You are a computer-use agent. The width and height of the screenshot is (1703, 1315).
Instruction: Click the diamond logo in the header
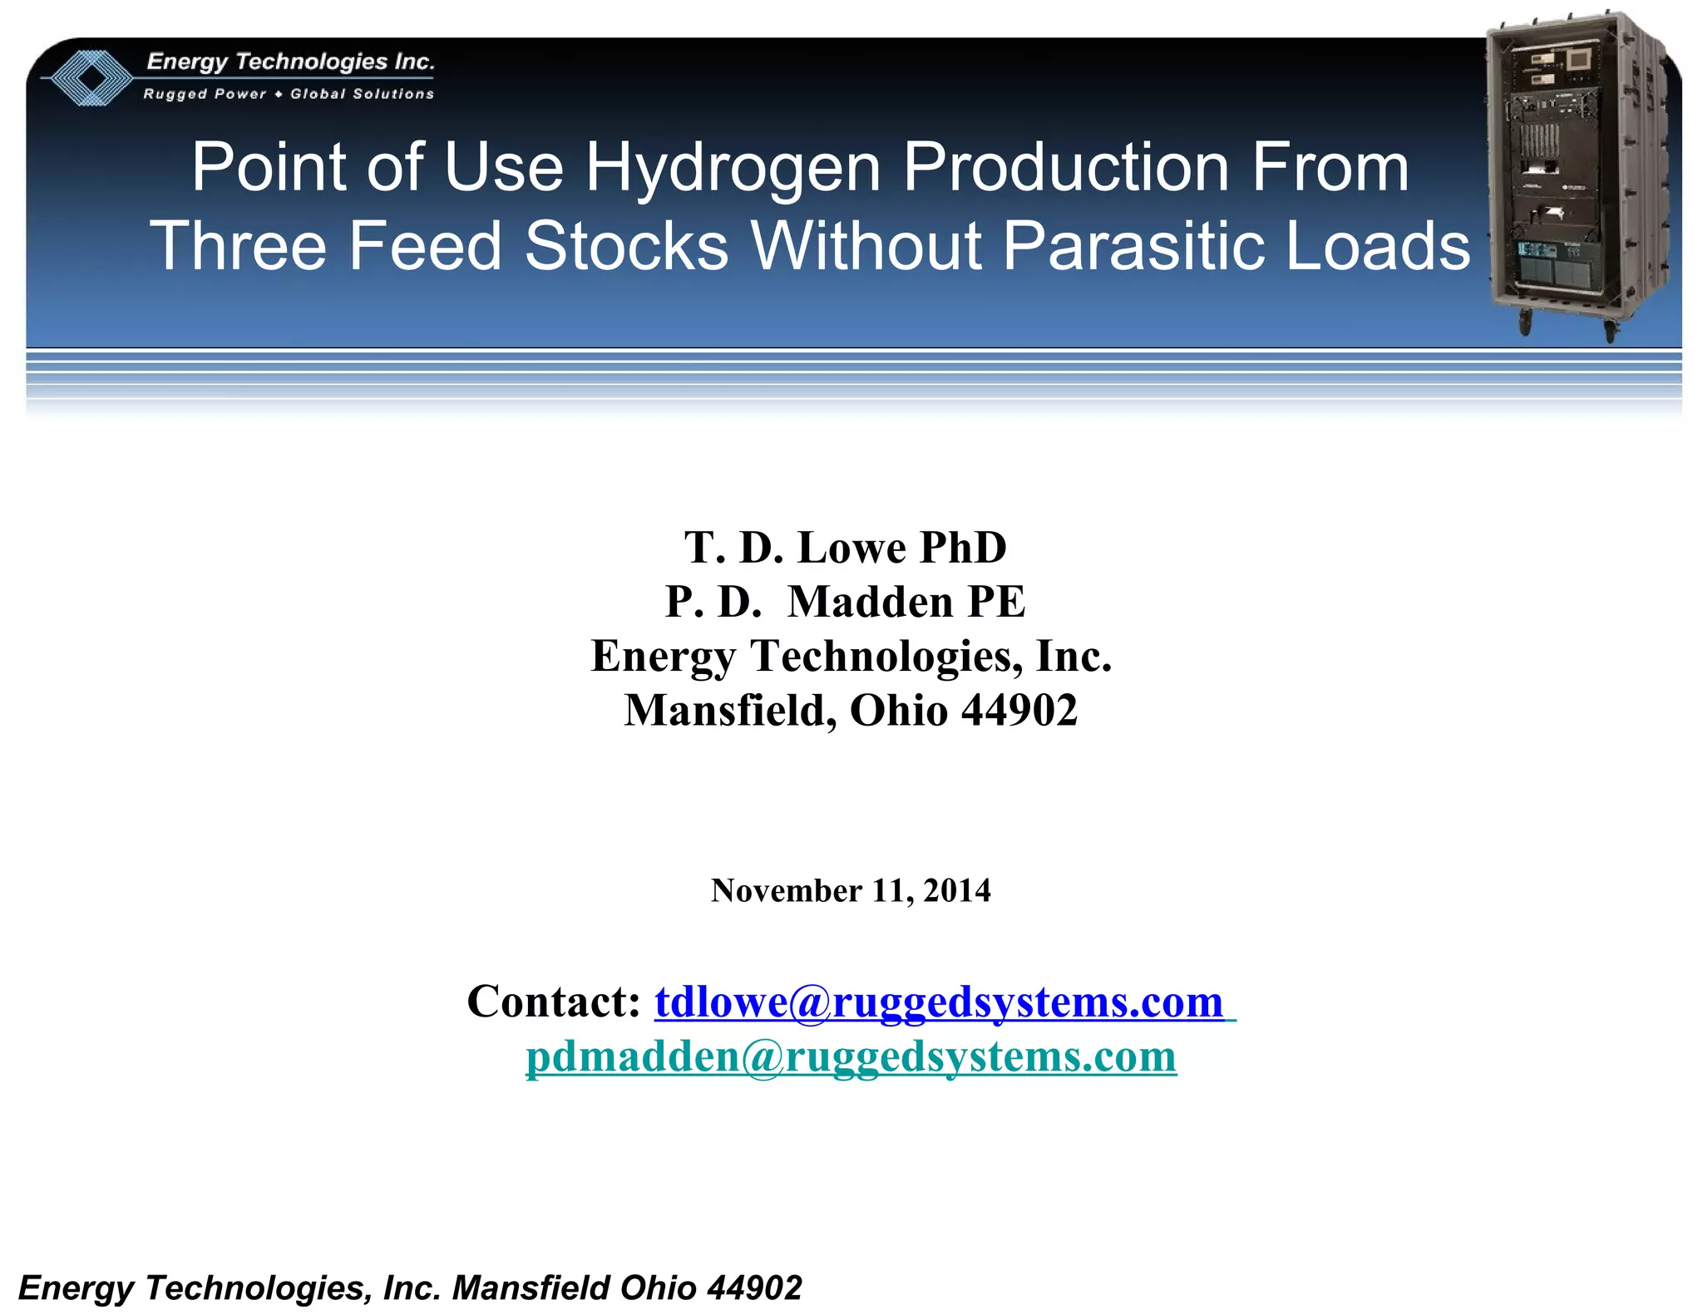pyautogui.click(x=88, y=78)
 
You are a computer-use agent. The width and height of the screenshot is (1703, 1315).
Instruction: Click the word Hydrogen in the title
pyautogui.click(x=733, y=168)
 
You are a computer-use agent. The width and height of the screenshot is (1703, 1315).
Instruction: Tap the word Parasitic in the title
pyautogui.click(x=1132, y=246)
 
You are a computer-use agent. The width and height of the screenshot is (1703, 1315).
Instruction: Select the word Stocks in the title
pyautogui.click(x=626, y=246)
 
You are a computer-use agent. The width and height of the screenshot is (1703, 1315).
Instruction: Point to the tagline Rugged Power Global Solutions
pyautogui.click(x=289, y=94)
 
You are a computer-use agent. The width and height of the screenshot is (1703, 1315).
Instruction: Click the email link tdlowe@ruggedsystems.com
pyautogui.click(x=939, y=1002)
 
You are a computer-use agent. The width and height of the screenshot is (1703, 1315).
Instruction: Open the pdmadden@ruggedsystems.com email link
pyautogui.click(x=851, y=1056)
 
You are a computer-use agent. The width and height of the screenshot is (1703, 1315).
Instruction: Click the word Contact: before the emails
pyautogui.click(x=553, y=1002)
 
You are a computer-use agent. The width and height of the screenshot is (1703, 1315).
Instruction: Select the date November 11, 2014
pyautogui.click(x=851, y=890)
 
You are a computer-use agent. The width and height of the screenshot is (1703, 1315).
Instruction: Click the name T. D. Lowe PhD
pyautogui.click(x=845, y=548)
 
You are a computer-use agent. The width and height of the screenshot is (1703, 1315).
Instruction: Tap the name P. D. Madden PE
pyautogui.click(x=845, y=602)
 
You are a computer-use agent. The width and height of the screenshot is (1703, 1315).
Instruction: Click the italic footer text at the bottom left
pyautogui.click(x=410, y=1288)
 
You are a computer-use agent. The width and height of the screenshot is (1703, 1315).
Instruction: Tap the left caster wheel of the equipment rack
pyautogui.click(x=1526, y=323)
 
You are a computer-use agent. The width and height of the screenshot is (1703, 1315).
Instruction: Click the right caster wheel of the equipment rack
pyautogui.click(x=1610, y=331)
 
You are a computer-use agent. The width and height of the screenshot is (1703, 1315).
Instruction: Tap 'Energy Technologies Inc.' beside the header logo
pyautogui.click(x=290, y=62)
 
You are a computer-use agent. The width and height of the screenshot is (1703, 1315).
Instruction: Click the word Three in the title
pyautogui.click(x=237, y=246)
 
